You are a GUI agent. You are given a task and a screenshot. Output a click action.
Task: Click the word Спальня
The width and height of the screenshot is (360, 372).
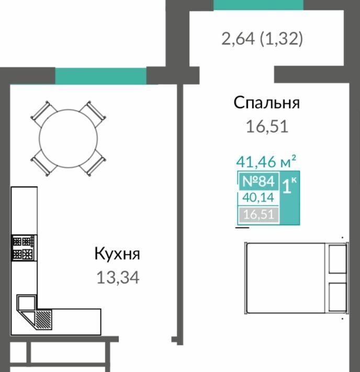pyautogui.click(x=267, y=103)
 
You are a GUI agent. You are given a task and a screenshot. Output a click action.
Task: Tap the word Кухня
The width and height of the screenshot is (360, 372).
pyautogui.click(x=117, y=254)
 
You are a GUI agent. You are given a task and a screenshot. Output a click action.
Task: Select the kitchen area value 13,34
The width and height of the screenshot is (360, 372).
pyautogui.click(x=118, y=277)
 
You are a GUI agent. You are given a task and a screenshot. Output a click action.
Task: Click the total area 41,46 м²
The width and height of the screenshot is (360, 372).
pyautogui.click(x=266, y=161)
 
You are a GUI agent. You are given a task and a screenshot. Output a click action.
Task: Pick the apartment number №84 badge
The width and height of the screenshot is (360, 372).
pyautogui.click(x=258, y=181)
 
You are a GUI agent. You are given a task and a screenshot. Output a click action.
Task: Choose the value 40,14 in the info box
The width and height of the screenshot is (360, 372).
pyautogui.click(x=258, y=198)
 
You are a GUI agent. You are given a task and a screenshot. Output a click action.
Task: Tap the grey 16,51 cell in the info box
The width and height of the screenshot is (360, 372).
pyautogui.click(x=258, y=214)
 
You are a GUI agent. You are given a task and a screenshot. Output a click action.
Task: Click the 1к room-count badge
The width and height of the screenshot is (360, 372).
pyautogui.click(x=289, y=198)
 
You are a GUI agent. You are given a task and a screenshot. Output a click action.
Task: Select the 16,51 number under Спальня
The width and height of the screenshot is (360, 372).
pyautogui.click(x=267, y=126)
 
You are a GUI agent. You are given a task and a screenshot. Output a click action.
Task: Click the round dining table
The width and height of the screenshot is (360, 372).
pyautogui.click(x=68, y=138)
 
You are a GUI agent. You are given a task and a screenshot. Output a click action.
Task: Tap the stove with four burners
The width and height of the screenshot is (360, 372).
pyautogui.click(x=23, y=248)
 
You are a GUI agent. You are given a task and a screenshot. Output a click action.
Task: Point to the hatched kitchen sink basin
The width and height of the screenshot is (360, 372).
pyautogui.click(x=43, y=319)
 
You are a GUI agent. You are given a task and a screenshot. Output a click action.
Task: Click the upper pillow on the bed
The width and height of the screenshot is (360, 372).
pyautogui.click(x=337, y=259)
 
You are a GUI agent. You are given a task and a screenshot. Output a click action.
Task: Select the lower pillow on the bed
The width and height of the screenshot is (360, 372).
pyautogui.click(x=337, y=297)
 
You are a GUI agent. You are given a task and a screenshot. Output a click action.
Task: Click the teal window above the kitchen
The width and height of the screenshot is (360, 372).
pyautogui.click(x=100, y=76)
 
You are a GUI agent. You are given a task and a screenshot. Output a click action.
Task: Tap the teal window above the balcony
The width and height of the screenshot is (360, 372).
pyautogui.click(x=258, y=5)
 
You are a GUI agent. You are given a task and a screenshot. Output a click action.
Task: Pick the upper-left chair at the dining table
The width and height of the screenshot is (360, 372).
pyautogui.click(x=44, y=113)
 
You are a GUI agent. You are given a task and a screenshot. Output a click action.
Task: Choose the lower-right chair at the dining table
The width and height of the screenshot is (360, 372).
pyautogui.click(x=93, y=163)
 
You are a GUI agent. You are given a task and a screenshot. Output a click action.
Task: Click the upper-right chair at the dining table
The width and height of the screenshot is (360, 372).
pyautogui.click(x=93, y=113)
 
